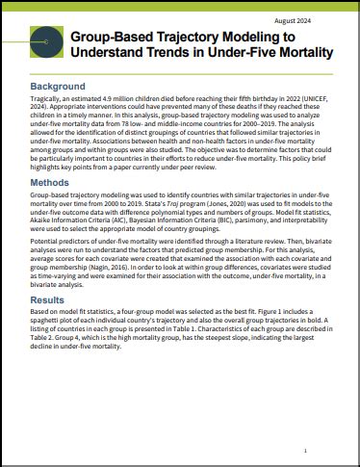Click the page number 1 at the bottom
coord(305,450)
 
